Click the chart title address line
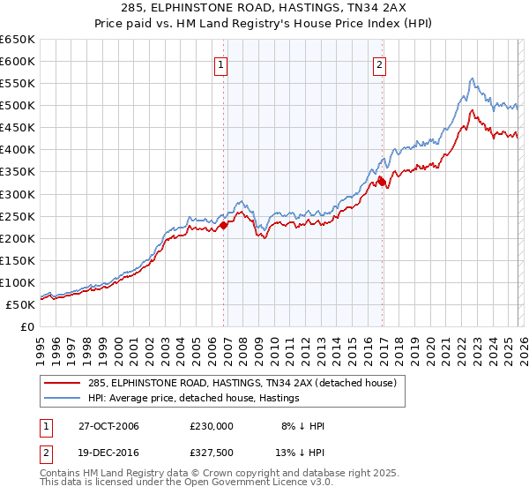264,9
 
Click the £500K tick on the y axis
18,106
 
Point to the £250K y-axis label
18,216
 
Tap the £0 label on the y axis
26,327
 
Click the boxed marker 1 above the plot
220,64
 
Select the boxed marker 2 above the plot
379,64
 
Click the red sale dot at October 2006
223,225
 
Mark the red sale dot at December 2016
382,182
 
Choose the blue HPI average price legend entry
194,399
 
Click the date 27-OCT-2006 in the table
101,426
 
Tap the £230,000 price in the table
212,426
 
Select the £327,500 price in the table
212,454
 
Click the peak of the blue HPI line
473,79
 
